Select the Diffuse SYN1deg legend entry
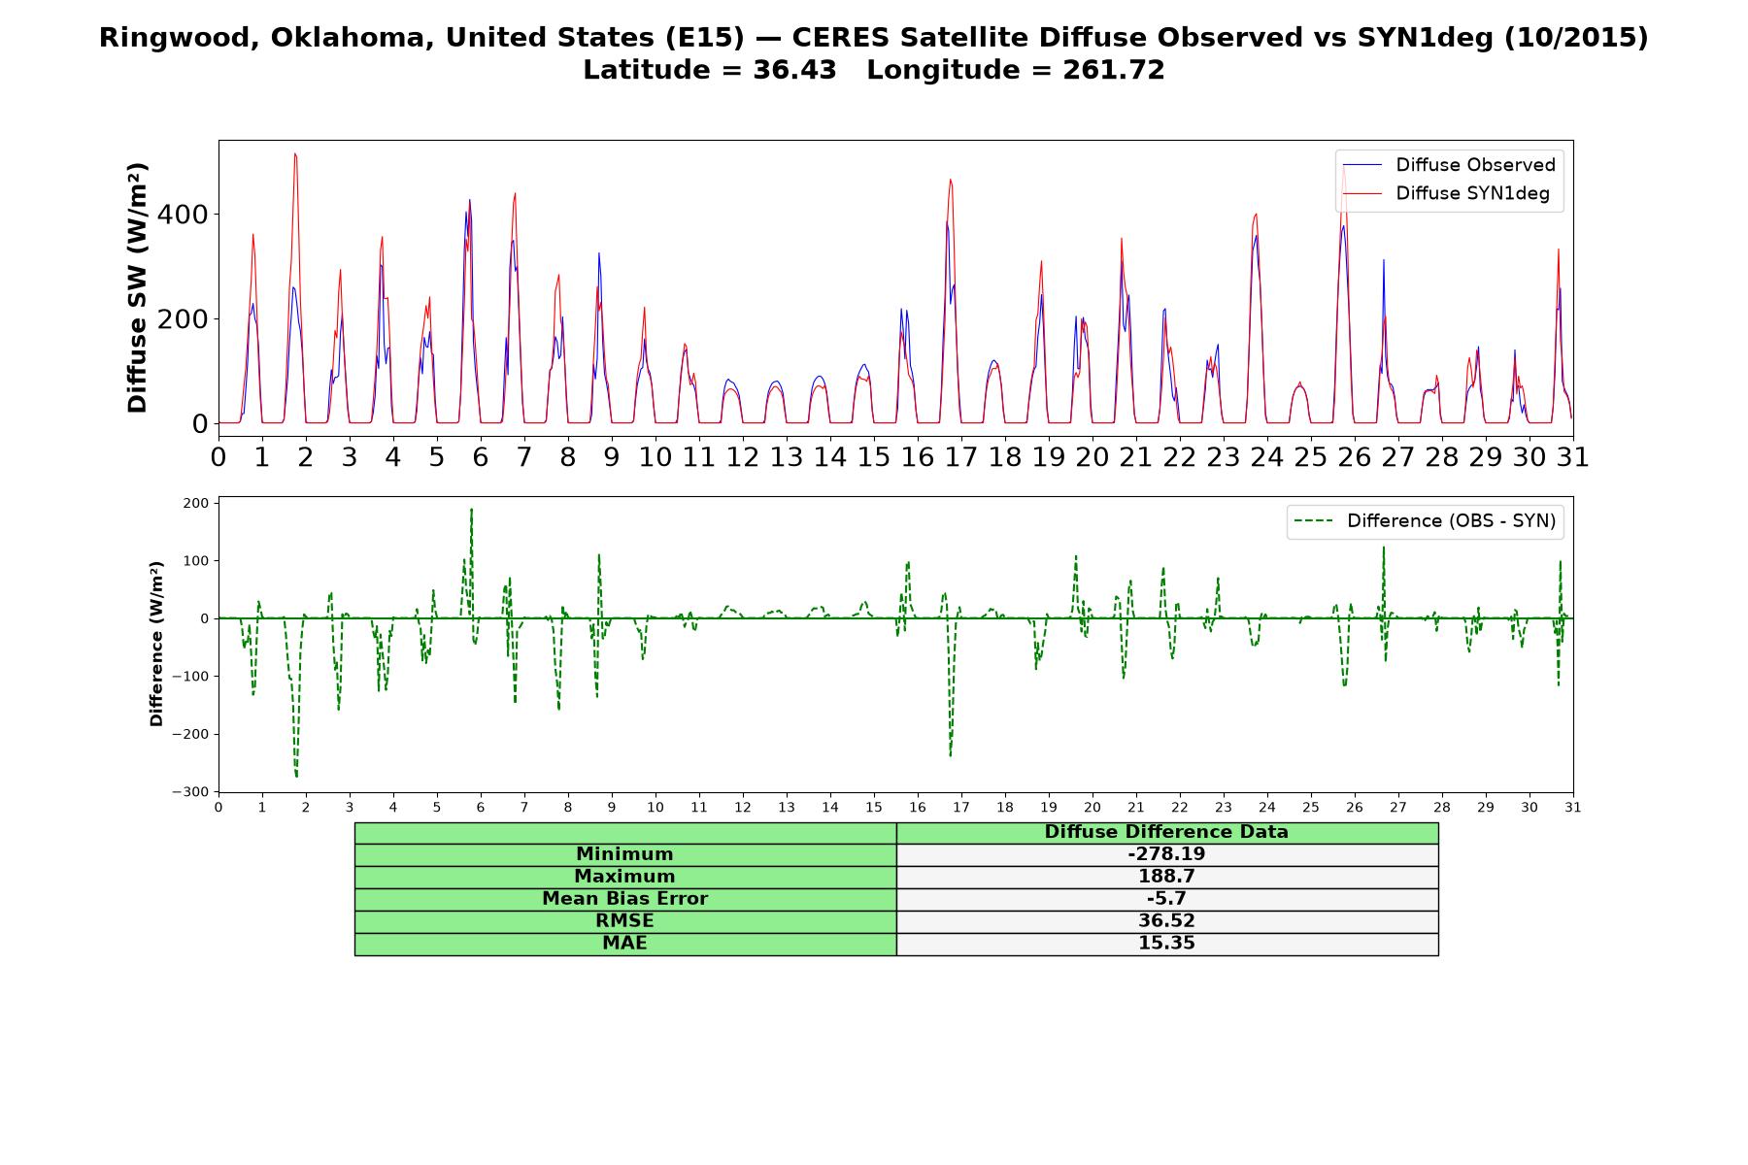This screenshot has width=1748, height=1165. click(x=1446, y=194)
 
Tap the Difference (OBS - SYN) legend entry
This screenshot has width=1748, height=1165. click(x=1425, y=521)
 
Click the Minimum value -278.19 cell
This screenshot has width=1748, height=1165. click(x=1166, y=854)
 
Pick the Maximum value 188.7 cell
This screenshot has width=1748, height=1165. click(x=1166, y=877)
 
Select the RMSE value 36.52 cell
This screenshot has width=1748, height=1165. click(x=1166, y=921)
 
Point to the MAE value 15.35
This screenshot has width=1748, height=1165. click(x=1166, y=944)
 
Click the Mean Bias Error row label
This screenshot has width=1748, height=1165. click(x=624, y=899)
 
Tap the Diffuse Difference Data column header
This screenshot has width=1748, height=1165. click(x=1166, y=832)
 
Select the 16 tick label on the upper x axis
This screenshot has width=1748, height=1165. click(x=918, y=456)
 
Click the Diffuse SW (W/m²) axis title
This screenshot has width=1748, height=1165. click(x=138, y=288)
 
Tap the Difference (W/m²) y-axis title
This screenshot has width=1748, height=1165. click(x=156, y=644)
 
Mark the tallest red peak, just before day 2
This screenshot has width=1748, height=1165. click(x=295, y=153)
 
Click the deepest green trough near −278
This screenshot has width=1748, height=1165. click(x=296, y=776)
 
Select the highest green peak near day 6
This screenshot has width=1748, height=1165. click(x=471, y=509)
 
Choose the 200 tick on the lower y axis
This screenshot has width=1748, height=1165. click(x=195, y=503)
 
